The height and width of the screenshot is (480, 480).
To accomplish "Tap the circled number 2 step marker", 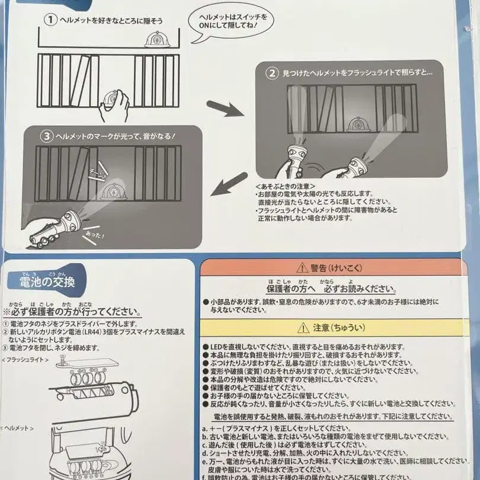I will pos(271,74).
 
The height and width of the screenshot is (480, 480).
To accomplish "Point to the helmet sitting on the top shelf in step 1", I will pos(156,40).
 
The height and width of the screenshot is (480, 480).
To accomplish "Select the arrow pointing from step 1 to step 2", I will pos(225,109).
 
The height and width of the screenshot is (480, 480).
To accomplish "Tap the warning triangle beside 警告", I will pos(302,268).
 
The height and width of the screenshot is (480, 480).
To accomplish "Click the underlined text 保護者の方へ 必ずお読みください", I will pos(330,289).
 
